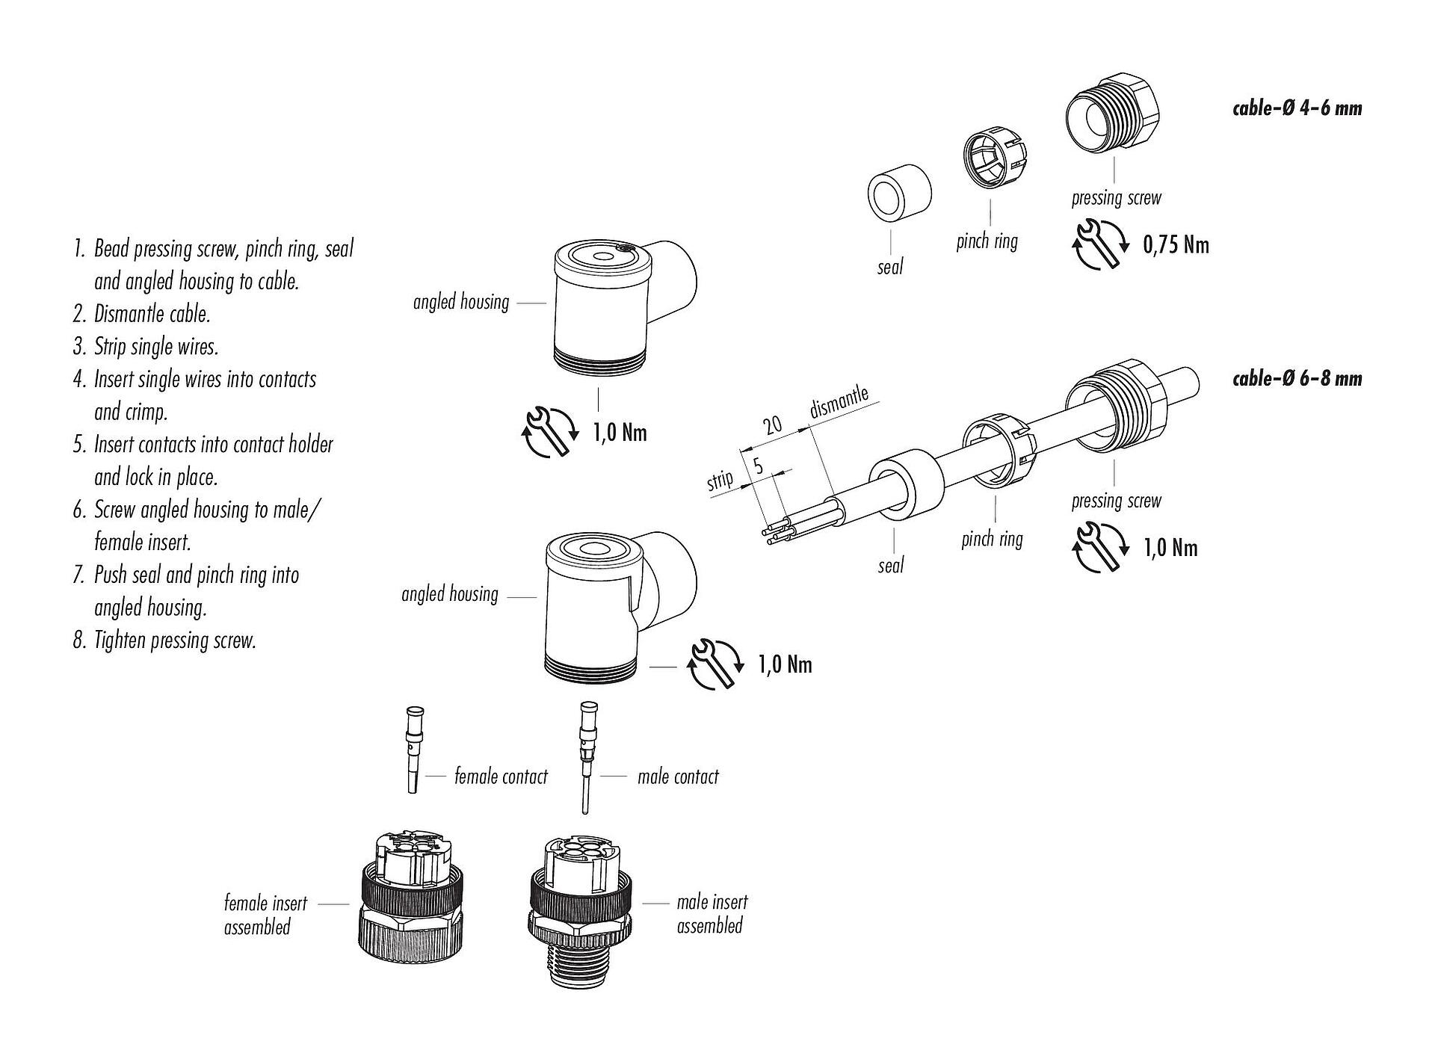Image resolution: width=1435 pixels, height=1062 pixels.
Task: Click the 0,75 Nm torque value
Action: pyautogui.click(x=1176, y=245)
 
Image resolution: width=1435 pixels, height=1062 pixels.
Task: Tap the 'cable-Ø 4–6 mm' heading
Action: pyautogui.click(x=1297, y=108)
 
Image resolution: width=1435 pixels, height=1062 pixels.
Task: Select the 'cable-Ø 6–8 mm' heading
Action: pyautogui.click(x=1297, y=378)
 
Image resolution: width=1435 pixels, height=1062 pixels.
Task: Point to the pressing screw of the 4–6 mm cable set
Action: pyautogui.click(x=1113, y=113)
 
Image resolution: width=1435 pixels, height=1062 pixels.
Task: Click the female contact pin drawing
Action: pyautogui.click(x=412, y=747)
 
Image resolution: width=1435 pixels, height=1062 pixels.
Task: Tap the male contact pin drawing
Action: pyautogui.click(x=585, y=755)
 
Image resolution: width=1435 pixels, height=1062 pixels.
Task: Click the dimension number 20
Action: pyautogui.click(x=772, y=425)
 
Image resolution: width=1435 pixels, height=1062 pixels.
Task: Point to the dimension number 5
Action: pyautogui.click(x=758, y=467)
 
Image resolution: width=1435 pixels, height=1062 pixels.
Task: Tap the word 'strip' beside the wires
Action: pyautogui.click(x=720, y=479)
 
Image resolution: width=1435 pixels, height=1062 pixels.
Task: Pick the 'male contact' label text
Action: pyautogui.click(x=678, y=777)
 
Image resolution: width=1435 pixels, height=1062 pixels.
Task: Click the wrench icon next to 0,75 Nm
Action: pyautogui.click(x=1100, y=244)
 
